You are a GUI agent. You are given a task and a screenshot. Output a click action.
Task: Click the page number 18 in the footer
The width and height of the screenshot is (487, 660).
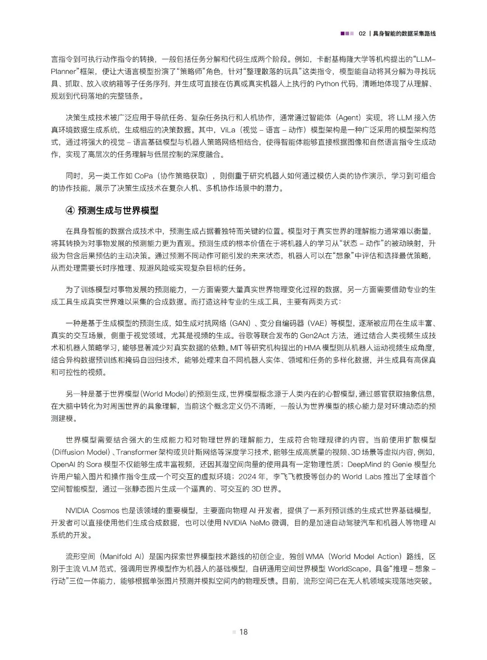[243, 632]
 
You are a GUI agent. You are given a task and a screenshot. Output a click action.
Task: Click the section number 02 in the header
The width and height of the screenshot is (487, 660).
[362, 34]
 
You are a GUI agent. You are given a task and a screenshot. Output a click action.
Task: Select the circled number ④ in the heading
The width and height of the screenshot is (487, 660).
[69, 211]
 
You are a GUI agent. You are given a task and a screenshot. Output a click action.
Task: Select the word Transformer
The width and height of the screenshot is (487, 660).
[138, 452]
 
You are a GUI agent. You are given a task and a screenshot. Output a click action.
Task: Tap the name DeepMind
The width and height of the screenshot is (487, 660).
[363, 464]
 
